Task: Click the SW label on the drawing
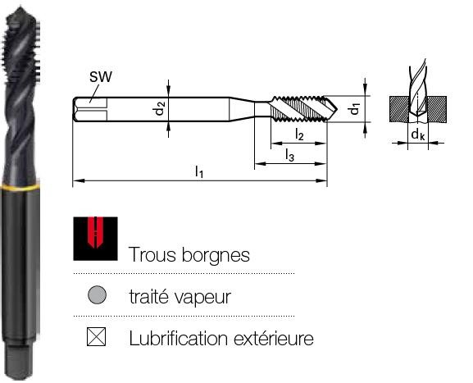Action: (x=101, y=76)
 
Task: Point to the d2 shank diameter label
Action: (x=160, y=108)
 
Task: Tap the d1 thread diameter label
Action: (x=355, y=109)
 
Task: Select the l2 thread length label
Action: (x=299, y=134)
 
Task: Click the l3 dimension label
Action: (x=289, y=155)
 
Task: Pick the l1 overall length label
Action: (x=199, y=171)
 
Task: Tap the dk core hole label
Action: (x=418, y=134)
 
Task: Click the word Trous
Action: (x=152, y=255)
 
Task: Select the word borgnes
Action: (x=216, y=255)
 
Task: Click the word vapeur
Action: (x=203, y=297)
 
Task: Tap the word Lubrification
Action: (x=178, y=339)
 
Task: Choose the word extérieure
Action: (x=274, y=339)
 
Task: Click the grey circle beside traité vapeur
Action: (x=97, y=295)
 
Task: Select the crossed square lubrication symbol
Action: (x=96, y=336)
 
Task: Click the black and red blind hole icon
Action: (x=95, y=239)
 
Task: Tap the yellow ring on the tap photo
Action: (x=20, y=187)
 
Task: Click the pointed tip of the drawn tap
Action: (x=337, y=110)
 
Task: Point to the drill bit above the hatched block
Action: (x=417, y=90)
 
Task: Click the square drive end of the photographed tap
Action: (x=19, y=362)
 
